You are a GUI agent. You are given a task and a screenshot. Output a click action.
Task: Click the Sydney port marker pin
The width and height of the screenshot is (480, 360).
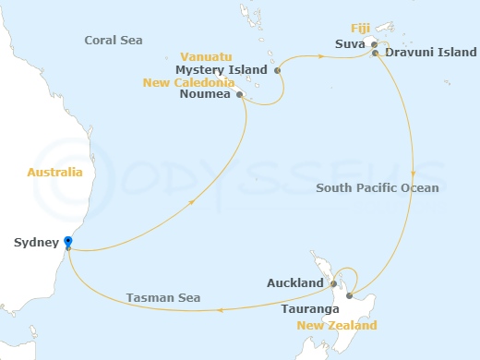68,243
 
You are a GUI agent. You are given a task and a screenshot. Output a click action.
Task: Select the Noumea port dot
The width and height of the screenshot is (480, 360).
240,94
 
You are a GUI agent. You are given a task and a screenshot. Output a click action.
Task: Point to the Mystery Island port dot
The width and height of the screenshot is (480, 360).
278,69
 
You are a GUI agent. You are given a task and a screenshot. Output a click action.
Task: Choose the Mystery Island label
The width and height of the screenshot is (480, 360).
221,69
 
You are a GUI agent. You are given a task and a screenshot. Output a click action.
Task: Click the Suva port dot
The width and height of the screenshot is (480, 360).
374,43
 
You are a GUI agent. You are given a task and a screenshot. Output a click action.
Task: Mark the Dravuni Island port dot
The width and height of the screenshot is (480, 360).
375,54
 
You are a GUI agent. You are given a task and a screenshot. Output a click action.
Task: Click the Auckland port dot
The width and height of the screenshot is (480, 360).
333,283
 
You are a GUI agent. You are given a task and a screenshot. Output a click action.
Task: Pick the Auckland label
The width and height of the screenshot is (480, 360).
294,283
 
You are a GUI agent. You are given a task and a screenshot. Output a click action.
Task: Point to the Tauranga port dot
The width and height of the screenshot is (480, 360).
349,296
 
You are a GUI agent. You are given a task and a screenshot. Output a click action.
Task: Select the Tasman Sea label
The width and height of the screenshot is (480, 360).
163,297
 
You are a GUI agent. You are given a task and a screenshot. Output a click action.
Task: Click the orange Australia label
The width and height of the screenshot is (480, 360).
55,173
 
